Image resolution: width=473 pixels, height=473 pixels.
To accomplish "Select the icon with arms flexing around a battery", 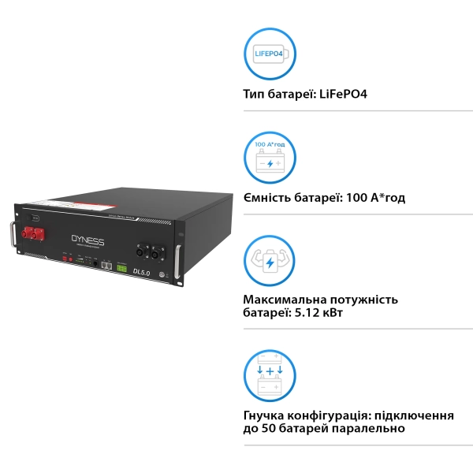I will coord(270,261).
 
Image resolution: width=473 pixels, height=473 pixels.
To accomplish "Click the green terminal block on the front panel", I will coord(121,268).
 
